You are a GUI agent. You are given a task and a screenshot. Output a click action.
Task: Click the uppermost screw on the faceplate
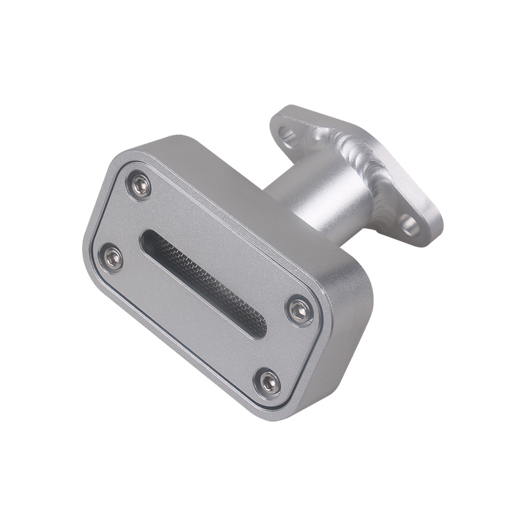[139, 186]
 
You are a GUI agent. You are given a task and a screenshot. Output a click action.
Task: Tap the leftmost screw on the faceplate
[110, 258]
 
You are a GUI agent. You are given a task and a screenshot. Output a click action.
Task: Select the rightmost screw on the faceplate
[300, 310]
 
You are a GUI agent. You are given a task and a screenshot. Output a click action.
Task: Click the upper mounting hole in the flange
[287, 135]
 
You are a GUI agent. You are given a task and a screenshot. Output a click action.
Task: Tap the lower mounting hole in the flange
[410, 226]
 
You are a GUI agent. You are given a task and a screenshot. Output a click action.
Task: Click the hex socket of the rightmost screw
[300, 310]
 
